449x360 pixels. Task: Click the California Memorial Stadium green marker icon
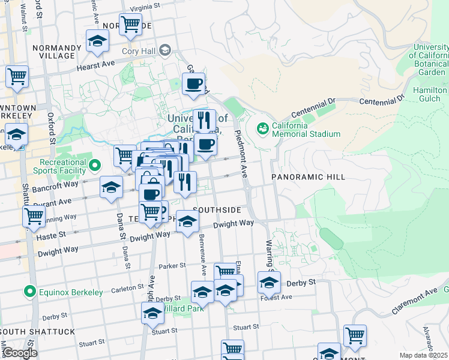(x=262, y=128)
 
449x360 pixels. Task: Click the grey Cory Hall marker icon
(x=165, y=51)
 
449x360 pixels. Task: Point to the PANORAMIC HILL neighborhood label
(x=308, y=177)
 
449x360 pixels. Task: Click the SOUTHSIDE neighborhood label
(x=217, y=210)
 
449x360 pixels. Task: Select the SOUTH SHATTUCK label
(x=38, y=332)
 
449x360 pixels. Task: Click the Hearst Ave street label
(x=95, y=64)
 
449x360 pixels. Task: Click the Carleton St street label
(x=127, y=288)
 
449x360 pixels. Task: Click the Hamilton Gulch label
(x=430, y=94)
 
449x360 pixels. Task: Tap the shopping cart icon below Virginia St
(x=130, y=25)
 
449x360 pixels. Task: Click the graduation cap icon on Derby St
(x=269, y=282)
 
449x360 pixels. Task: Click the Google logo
(x=20, y=353)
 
